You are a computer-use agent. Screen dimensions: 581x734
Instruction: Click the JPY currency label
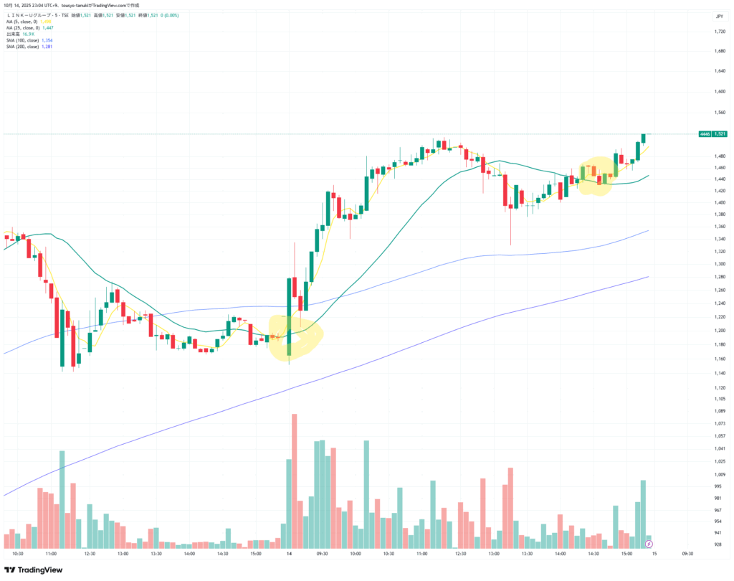coord(718,16)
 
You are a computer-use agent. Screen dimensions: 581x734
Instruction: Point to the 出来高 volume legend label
coord(13,34)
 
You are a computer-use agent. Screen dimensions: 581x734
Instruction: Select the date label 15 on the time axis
coord(654,554)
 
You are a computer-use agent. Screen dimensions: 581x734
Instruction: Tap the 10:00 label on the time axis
coord(356,554)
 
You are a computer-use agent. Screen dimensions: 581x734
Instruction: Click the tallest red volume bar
coord(294,481)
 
